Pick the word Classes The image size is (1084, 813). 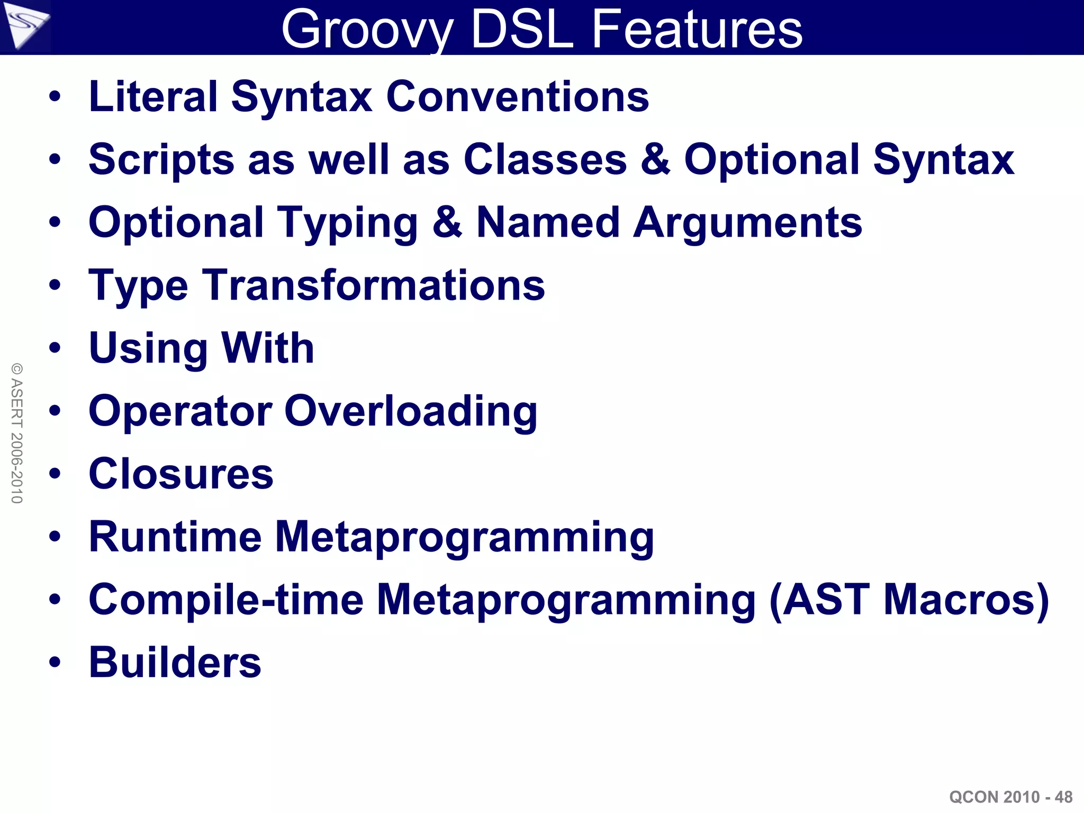tap(545, 159)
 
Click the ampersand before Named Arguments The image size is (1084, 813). tap(447, 222)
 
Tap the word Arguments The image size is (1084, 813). tap(747, 222)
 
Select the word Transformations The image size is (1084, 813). tap(374, 285)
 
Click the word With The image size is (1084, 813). tap(268, 348)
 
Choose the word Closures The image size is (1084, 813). tap(181, 474)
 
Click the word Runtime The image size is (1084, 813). tap(175, 537)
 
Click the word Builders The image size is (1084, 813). tap(175, 662)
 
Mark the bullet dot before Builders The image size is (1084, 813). tap(55, 662)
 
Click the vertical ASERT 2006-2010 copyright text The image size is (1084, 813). tap(17, 433)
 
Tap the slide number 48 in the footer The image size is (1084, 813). tap(1063, 797)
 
